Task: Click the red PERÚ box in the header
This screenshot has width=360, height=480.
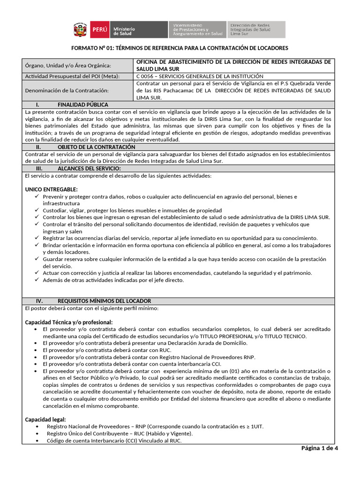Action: (x=99, y=30)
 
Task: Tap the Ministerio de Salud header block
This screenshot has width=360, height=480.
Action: (x=139, y=30)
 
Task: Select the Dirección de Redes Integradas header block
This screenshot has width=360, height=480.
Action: (x=256, y=30)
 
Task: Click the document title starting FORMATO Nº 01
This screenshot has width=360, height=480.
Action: (x=180, y=48)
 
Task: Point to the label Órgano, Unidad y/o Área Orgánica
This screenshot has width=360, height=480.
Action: (x=68, y=65)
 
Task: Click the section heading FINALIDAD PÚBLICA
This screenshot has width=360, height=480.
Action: (x=82, y=105)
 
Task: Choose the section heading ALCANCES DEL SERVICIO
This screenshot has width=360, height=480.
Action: (x=89, y=168)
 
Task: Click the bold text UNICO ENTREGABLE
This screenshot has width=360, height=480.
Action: (x=52, y=188)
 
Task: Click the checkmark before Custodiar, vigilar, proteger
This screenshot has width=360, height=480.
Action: (x=38, y=210)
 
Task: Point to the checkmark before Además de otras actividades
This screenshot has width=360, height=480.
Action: (x=38, y=280)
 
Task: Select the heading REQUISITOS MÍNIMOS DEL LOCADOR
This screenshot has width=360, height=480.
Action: (x=104, y=300)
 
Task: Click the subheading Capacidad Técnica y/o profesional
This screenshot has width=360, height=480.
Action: (x=68, y=322)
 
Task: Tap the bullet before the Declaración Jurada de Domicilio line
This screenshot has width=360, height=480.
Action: (x=37, y=343)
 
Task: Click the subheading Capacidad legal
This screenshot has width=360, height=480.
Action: (x=45, y=419)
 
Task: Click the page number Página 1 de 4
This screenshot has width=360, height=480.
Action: (x=319, y=448)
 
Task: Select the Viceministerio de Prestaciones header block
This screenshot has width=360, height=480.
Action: (x=197, y=30)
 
